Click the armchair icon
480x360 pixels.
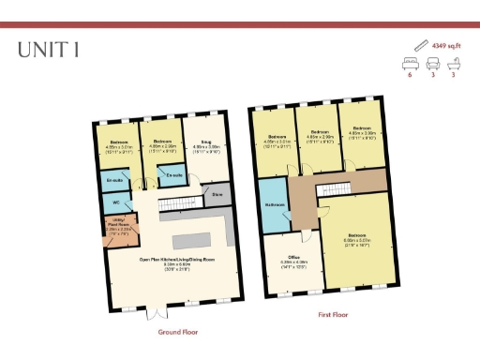[433, 64]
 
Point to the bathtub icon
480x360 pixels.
[454, 64]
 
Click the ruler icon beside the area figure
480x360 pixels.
[419, 44]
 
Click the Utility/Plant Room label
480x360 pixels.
[119, 224]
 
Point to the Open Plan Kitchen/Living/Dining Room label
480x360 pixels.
[177, 261]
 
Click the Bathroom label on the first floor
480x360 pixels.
[275, 204]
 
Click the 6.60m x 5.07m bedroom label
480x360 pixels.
[357, 236]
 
